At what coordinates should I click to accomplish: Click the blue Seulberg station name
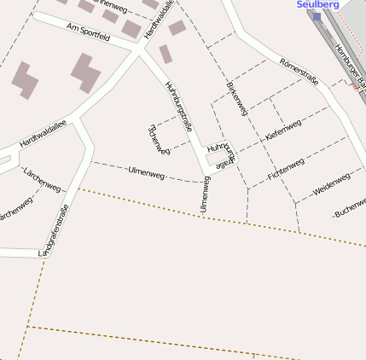click(x=318, y=4)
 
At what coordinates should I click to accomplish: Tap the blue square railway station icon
click(x=317, y=16)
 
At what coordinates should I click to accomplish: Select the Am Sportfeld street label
click(x=88, y=33)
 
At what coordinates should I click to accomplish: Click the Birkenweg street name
click(x=237, y=98)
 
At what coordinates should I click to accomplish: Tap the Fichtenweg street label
click(x=286, y=165)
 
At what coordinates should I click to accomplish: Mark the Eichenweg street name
click(x=159, y=139)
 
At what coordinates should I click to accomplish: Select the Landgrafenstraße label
click(x=53, y=230)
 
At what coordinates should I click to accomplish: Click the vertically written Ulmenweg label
click(x=204, y=194)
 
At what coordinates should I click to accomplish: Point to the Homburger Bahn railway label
click(x=347, y=64)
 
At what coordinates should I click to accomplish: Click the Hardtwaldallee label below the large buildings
click(x=43, y=133)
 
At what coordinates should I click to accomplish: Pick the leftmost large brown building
click(x=25, y=78)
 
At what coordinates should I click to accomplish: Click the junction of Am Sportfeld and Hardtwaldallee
click(x=139, y=50)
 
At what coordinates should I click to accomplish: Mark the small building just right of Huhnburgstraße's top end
click(x=177, y=27)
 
